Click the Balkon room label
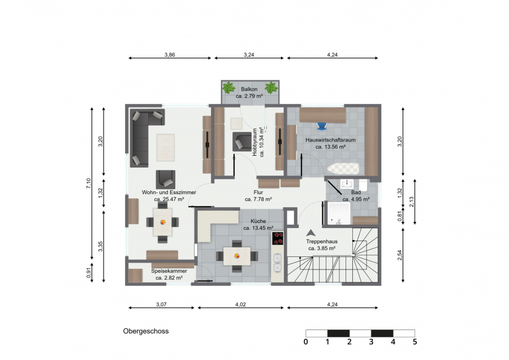pos(249,89)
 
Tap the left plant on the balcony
pos(229,87)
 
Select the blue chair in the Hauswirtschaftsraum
pos(321,126)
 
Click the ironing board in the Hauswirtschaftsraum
pos(343,168)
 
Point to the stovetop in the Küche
pos(278,238)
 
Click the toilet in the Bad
pos(363,185)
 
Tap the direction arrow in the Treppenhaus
pos(310,233)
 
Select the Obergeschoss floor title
pos(146,331)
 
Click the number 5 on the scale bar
pos(415,342)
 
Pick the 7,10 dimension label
pos(89,183)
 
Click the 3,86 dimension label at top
pos(170,54)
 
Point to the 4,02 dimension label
pos(240,305)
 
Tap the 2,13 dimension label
pos(412,202)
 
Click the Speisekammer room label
pos(169,271)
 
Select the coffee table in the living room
pos(166,148)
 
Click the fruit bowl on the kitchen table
pos(237,256)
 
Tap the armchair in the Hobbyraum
pos(242,142)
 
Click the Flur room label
pos(258,192)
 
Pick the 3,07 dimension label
pos(161,305)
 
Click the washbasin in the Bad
pos(347,184)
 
